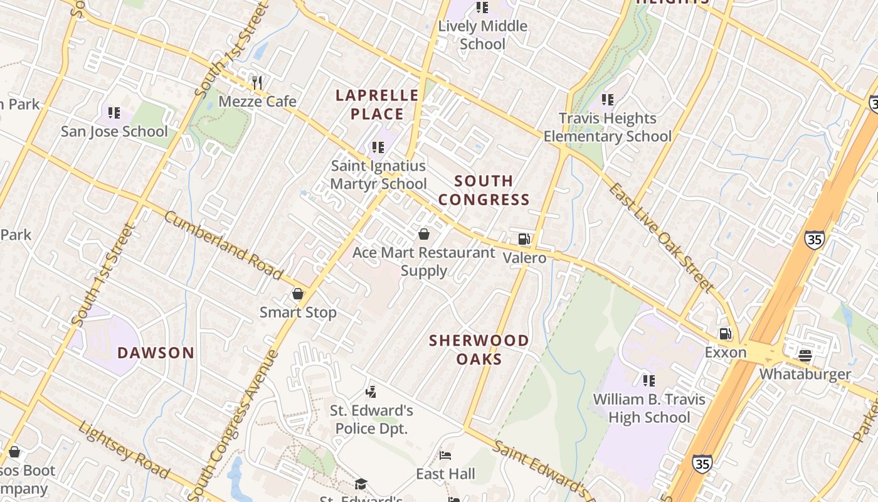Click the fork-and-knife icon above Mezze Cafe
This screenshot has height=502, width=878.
pos(257,82)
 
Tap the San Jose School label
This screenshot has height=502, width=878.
pos(114,131)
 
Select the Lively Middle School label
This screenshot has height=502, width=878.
pos(482,35)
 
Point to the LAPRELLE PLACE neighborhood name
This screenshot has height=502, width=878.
pos(377,105)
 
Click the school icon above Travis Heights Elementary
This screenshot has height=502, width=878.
pos(607,99)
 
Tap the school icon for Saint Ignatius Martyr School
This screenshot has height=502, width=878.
pos(378,147)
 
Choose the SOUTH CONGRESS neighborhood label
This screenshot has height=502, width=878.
pos(484,190)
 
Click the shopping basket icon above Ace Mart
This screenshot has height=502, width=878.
pos(424,234)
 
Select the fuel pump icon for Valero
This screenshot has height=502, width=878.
pos(524,238)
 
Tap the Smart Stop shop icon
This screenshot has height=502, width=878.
pos(298,294)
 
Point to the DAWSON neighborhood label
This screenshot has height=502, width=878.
pos(156,353)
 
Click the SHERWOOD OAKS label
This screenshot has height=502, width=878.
pos(479,350)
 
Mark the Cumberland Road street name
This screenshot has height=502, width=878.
pos(223,245)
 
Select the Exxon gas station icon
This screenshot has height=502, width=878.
pos(726,334)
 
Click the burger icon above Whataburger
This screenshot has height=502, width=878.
pos(806,356)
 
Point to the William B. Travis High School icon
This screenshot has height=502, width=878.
pos(649,380)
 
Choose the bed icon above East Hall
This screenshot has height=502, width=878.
pos(445,455)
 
